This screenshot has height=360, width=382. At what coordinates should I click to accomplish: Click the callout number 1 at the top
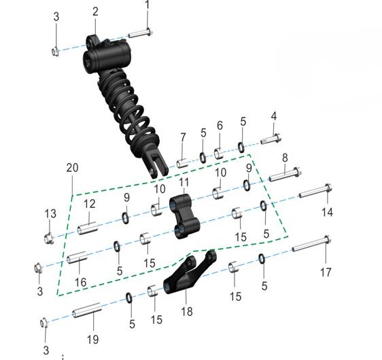[x=147, y=4]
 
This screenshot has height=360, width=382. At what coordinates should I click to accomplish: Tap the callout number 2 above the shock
[x=95, y=12]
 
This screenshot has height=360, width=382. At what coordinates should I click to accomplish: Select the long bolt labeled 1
[x=140, y=33]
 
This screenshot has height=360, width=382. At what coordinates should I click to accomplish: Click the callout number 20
[x=72, y=168]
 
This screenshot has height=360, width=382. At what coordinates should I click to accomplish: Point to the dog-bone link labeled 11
[x=185, y=216]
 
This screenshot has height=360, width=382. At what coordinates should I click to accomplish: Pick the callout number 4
[x=274, y=116]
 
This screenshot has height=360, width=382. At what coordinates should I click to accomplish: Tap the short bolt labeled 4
[x=271, y=139]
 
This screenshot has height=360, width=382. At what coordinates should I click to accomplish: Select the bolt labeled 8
[x=285, y=174]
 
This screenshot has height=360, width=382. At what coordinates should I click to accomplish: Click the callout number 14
[x=327, y=212]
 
